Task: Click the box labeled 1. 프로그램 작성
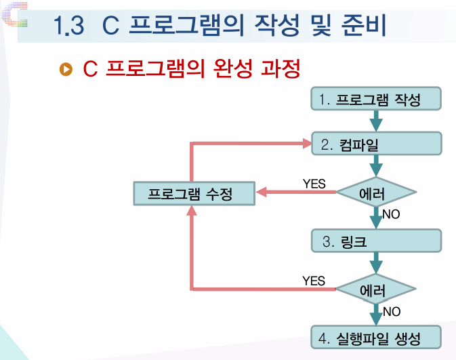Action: (x=376, y=100)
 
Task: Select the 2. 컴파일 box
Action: (x=376, y=144)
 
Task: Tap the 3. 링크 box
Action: (x=376, y=241)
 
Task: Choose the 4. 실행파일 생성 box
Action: (x=376, y=337)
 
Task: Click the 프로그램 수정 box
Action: (x=194, y=193)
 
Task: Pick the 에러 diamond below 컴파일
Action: (x=376, y=193)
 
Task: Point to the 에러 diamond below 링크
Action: (x=376, y=290)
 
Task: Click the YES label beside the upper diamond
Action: (x=314, y=183)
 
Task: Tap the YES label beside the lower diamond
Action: (x=314, y=281)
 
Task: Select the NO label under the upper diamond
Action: (x=391, y=215)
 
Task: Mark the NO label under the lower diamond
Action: (x=391, y=312)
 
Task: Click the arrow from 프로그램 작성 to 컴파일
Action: (x=376, y=121)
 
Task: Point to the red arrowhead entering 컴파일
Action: (x=304, y=144)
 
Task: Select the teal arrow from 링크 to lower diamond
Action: (x=376, y=264)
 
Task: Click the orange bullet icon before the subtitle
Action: (x=66, y=69)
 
